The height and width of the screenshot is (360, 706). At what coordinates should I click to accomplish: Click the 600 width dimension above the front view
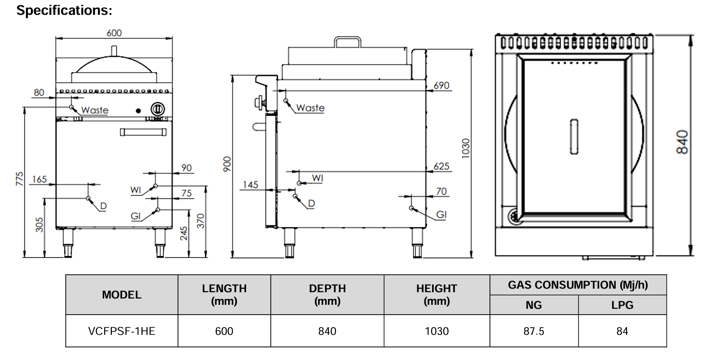(x=114, y=33)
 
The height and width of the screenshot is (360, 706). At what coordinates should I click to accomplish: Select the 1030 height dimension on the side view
(x=466, y=148)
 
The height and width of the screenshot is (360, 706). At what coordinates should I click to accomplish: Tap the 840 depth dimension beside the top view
(x=682, y=142)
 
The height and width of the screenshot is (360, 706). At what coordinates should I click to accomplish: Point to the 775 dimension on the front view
(x=19, y=178)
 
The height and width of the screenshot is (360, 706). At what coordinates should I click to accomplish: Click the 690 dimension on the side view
(x=441, y=85)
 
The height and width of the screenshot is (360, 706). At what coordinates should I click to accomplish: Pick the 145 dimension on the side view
(x=251, y=185)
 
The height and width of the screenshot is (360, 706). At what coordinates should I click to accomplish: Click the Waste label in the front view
(x=95, y=110)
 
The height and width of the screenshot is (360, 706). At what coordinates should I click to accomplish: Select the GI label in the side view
(x=441, y=215)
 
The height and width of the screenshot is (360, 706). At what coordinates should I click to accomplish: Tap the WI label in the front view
(x=136, y=190)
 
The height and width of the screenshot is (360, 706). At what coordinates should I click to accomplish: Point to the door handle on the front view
(x=143, y=132)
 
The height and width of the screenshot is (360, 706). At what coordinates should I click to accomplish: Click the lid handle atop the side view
(x=348, y=42)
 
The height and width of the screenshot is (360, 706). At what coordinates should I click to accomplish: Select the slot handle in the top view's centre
(x=574, y=137)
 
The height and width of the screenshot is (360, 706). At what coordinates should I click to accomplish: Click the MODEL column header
(x=122, y=295)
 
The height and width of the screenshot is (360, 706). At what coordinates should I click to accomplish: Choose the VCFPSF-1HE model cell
(x=122, y=331)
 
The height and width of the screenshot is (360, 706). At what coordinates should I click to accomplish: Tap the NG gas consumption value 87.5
(x=534, y=331)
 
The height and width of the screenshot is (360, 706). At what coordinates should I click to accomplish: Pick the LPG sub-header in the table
(x=622, y=305)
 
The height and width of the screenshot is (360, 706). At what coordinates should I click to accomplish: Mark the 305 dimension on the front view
(x=40, y=224)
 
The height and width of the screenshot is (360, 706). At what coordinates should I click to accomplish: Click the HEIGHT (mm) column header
(x=437, y=294)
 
